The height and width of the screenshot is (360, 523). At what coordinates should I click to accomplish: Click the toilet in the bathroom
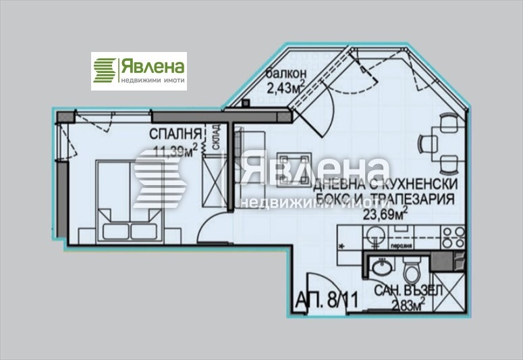(x=410, y=272)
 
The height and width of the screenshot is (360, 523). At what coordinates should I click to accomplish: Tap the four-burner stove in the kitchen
(x=451, y=237)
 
